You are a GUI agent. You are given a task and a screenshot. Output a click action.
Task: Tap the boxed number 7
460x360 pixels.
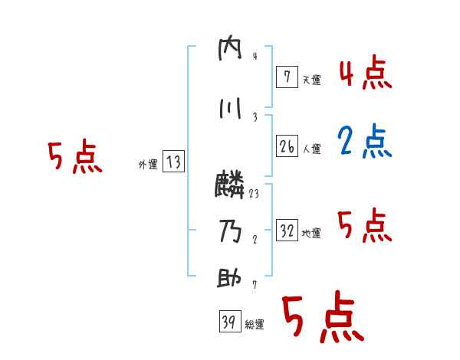pyautogui.click(x=287, y=77)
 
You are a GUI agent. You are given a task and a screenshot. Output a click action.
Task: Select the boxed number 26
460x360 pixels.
pyautogui.click(x=287, y=146)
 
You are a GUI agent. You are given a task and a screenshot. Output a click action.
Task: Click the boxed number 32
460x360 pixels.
pyautogui.click(x=287, y=231)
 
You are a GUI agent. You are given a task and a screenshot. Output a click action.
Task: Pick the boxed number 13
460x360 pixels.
pyautogui.click(x=173, y=162)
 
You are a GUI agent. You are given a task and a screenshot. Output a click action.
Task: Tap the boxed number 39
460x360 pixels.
pyautogui.click(x=229, y=322)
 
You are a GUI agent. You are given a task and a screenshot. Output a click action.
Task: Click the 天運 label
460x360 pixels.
pyautogui.click(x=311, y=80)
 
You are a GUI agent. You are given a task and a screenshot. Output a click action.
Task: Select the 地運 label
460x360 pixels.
pyautogui.click(x=311, y=234)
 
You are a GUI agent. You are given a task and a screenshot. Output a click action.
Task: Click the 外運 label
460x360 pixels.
pyautogui.click(x=147, y=164)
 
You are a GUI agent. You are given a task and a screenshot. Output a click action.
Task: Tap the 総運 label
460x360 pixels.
pyautogui.click(x=255, y=325)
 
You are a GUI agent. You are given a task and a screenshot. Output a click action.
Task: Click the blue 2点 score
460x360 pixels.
pyautogui.click(x=364, y=141)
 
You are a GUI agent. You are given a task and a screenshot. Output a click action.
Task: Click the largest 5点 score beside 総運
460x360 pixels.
pyautogui.click(x=322, y=318)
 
